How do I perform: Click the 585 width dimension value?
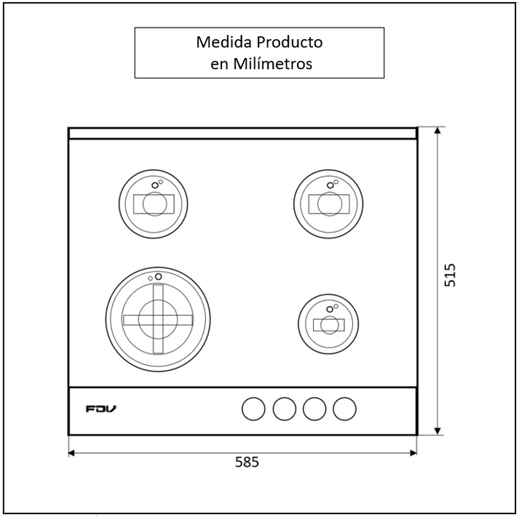[247, 462]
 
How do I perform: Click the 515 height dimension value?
[450, 275]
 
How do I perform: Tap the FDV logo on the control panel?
[101, 409]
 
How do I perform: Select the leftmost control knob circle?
[253, 409]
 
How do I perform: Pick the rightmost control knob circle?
[344, 409]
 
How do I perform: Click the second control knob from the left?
[285, 409]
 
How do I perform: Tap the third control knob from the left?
[314, 409]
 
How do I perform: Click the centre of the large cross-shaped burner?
[158, 319]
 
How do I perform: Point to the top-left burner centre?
[154, 204]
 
